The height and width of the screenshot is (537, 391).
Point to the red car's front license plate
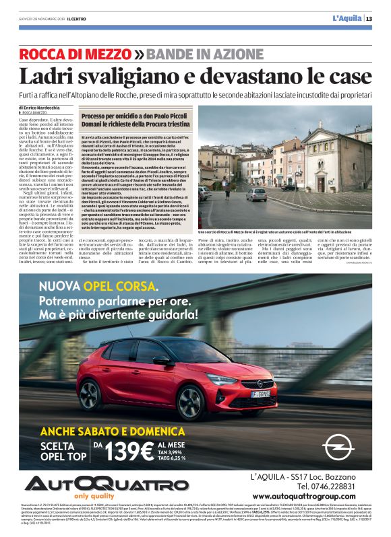click(261, 393)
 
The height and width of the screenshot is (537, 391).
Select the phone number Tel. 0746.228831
click(330, 487)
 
